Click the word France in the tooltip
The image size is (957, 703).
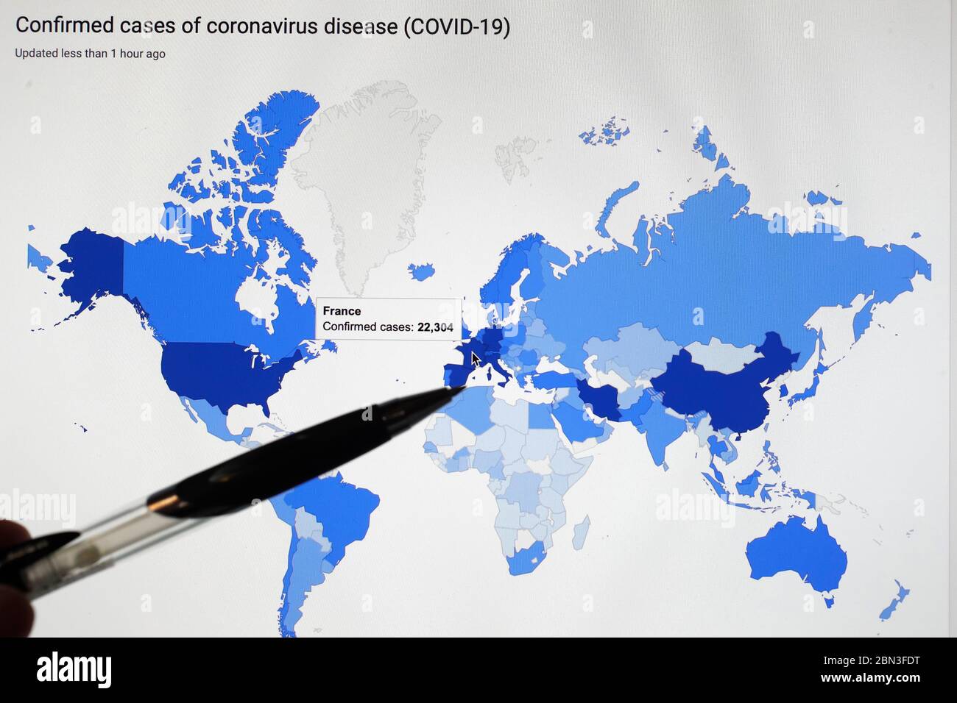click(x=342, y=311)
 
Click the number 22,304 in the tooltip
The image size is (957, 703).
click(x=435, y=327)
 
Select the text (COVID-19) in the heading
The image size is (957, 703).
click(x=456, y=27)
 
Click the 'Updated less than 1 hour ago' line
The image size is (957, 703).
click(x=90, y=54)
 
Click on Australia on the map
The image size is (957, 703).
click(x=795, y=555)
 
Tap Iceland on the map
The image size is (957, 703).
click(x=422, y=272)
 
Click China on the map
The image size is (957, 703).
click(x=714, y=390)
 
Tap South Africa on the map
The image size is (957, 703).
click(x=526, y=559)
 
